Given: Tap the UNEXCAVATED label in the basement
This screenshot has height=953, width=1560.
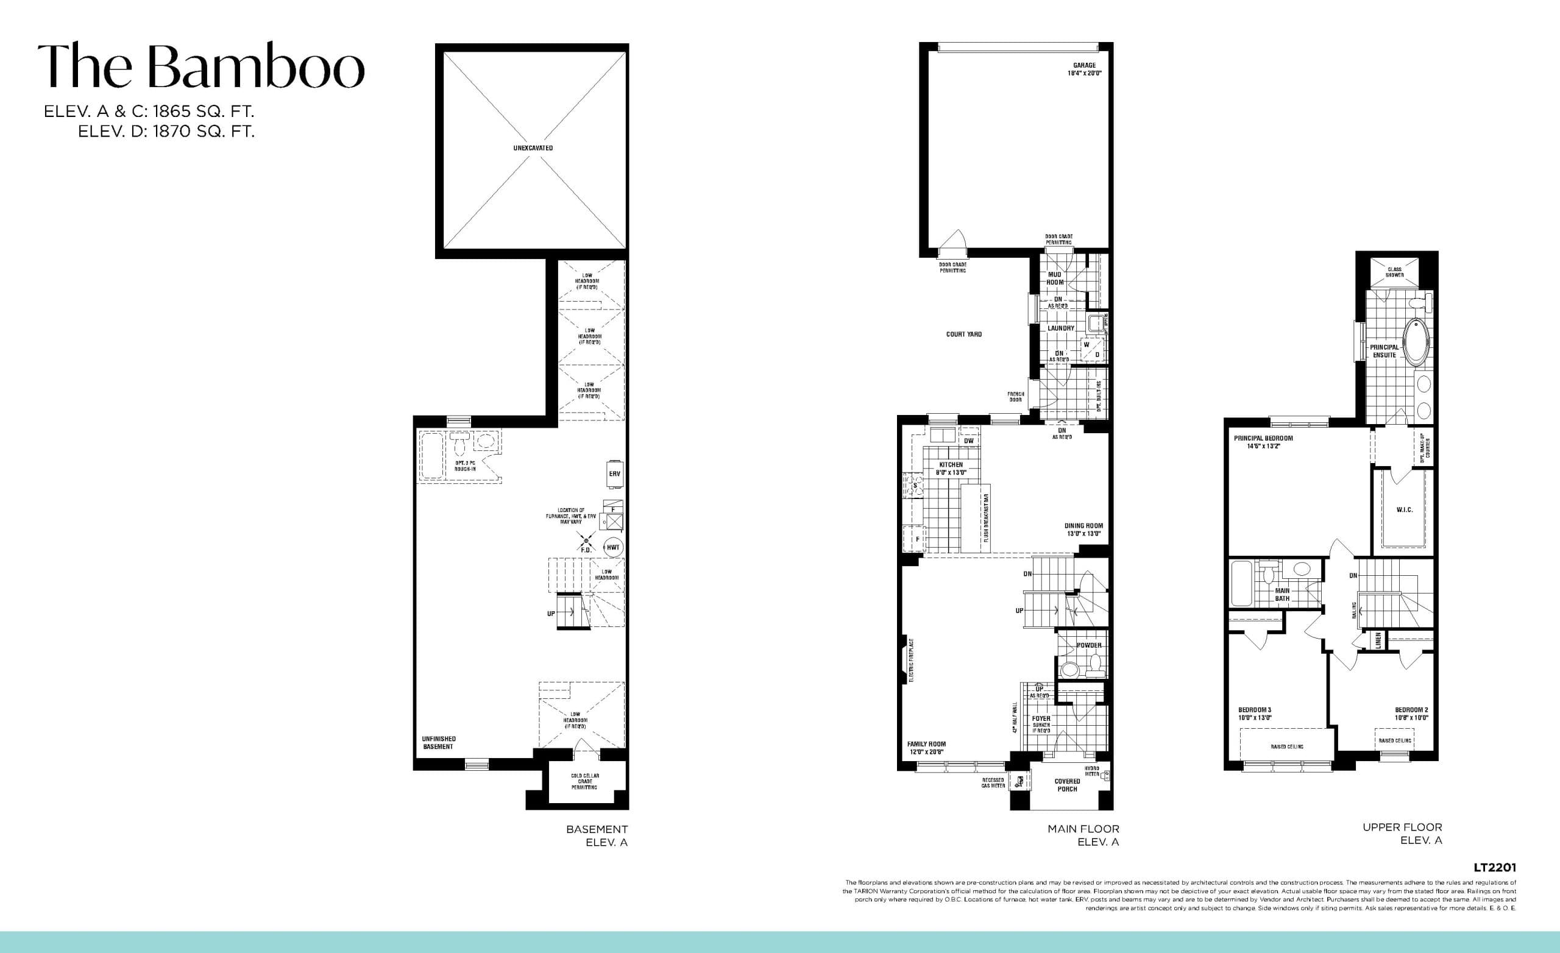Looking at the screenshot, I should click(x=533, y=148).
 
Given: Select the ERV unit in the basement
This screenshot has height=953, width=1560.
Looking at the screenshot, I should click(x=614, y=473).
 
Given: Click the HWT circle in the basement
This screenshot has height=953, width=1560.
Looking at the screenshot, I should click(x=613, y=547).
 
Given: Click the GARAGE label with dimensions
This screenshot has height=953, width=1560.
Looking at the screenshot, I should click(x=1084, y=69).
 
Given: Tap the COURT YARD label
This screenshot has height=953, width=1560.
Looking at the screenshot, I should click(x=963, y=335).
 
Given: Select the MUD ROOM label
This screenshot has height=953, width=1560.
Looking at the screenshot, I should click(x=1054, y=278).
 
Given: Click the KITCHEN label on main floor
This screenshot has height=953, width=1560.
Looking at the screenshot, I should click(x=951, y=468).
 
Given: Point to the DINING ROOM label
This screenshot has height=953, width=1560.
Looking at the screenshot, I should click(x=1083, y=530).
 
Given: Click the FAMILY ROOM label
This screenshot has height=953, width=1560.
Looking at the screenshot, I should click(x=926, y=748).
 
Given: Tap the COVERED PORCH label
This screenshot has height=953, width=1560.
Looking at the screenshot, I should click(x=1067, y=785).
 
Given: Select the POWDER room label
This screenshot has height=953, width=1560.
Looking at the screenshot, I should click(x=1089, y=645).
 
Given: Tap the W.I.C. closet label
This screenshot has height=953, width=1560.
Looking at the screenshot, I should click(x=1404, y=510).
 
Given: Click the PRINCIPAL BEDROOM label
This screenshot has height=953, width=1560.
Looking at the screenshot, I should click(x=1263, y=441).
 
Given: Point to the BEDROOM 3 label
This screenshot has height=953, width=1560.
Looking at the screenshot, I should click(x=1254, y=714).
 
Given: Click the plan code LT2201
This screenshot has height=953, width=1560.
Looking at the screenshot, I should click(x=1494, y=868).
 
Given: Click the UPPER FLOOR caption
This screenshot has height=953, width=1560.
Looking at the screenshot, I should click(x=1402, y=827).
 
